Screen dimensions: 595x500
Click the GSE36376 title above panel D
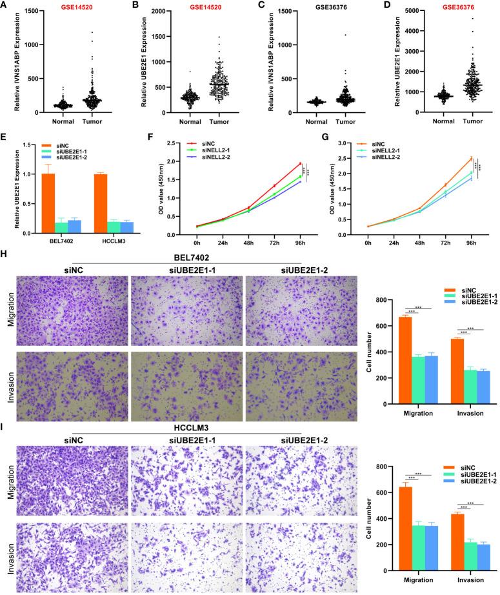[441, 7]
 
